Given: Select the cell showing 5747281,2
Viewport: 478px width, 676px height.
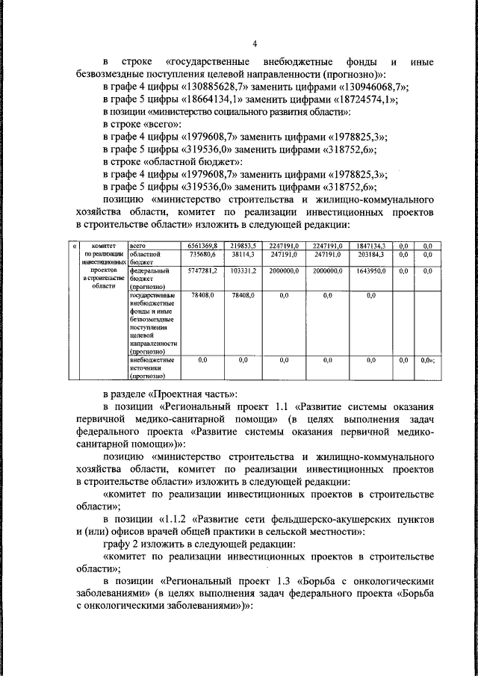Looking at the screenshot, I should click(202, 271).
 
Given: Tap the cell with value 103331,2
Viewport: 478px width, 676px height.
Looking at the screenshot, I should click(243, 271).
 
